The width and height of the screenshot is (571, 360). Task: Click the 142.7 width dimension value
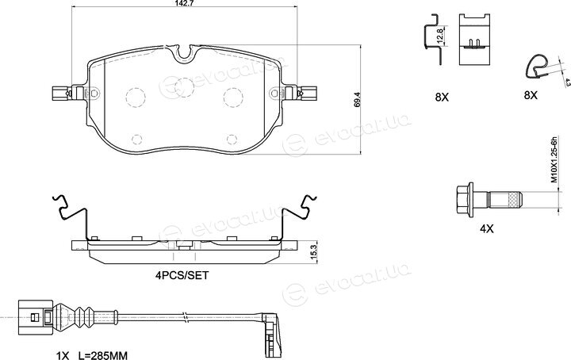(x=183, y=3)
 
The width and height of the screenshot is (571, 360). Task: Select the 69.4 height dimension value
(x=357, y=99)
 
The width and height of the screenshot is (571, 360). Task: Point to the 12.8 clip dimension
(x=439, y=36)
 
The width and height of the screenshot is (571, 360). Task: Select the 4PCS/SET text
(x=182, y=275)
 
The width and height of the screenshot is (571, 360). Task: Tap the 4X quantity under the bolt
(x=486, y=229)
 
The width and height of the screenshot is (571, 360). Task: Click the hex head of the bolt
(x=464, y=200)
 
